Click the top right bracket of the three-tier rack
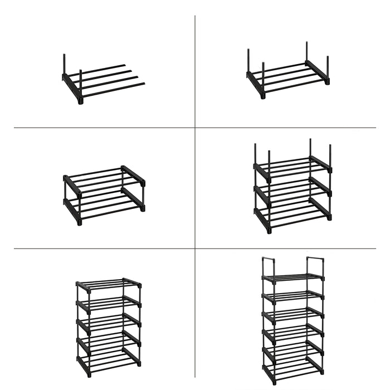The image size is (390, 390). pos(321,164)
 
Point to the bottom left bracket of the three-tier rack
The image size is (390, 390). pos(262,218)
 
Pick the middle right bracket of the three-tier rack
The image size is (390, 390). pos(321,187)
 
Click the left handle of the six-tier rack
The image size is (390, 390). pos(269,263)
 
